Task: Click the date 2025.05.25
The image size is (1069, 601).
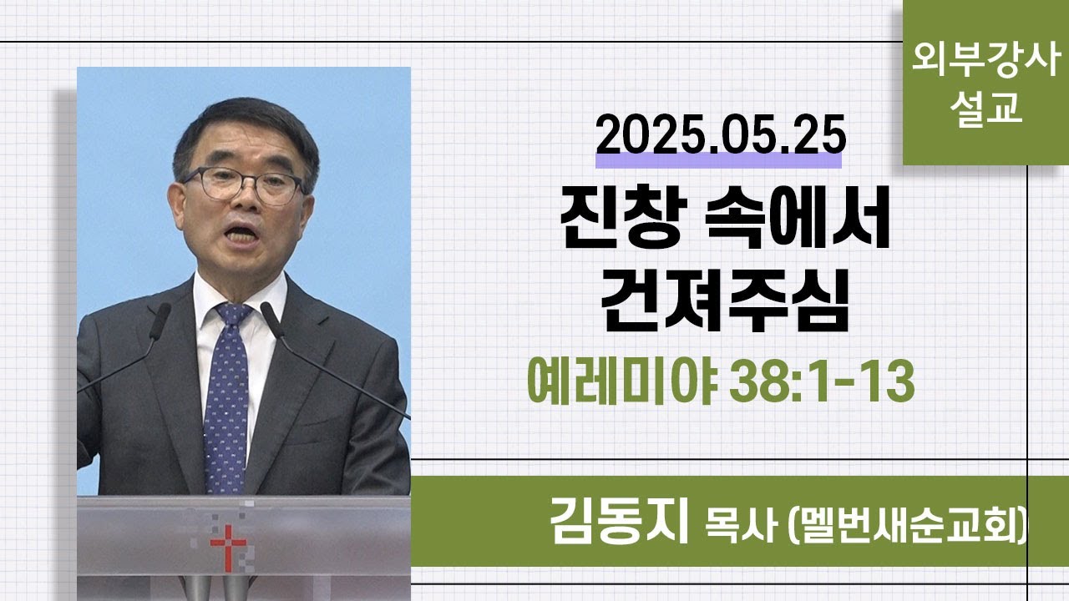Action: tap(721, 135)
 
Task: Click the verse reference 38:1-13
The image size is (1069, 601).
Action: tap(822, 381)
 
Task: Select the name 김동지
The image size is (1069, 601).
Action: tap(619, 520)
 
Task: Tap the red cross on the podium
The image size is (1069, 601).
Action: tap(229, 547)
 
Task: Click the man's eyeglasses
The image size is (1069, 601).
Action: tap(242, 185)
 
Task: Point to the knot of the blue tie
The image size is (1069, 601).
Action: tap(233, 315)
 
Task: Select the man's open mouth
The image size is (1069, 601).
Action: tap(241, 235)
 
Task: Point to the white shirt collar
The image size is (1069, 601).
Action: tap(239, 298)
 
